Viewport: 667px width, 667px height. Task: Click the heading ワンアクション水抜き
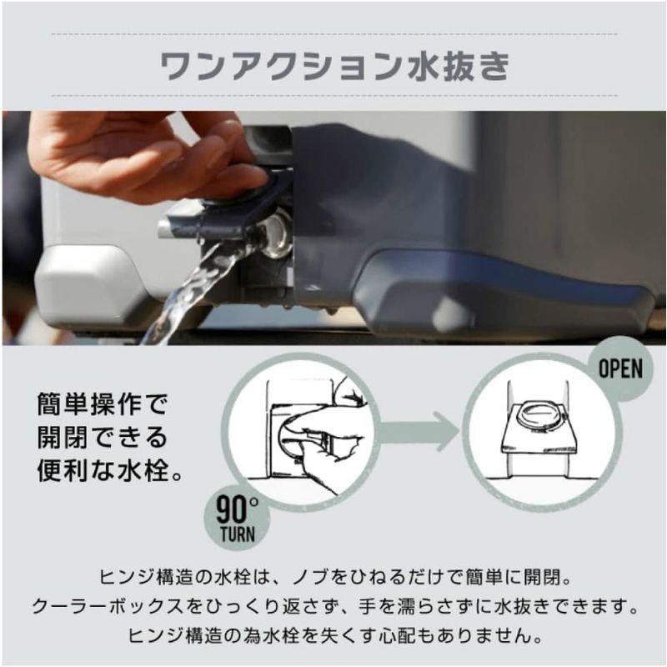click(x=333, y=68)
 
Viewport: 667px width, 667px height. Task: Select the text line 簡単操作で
click(x=103, y=406)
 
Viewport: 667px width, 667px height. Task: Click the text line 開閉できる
click(x=103, y=438)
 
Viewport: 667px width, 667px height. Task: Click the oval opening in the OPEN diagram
click(x=539, y=414)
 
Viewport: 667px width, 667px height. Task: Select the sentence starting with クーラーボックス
click(x=333, y=606)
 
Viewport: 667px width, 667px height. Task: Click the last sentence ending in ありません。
click(x=333, y=635)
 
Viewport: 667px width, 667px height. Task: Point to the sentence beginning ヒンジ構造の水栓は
click(x=333, y=577)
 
